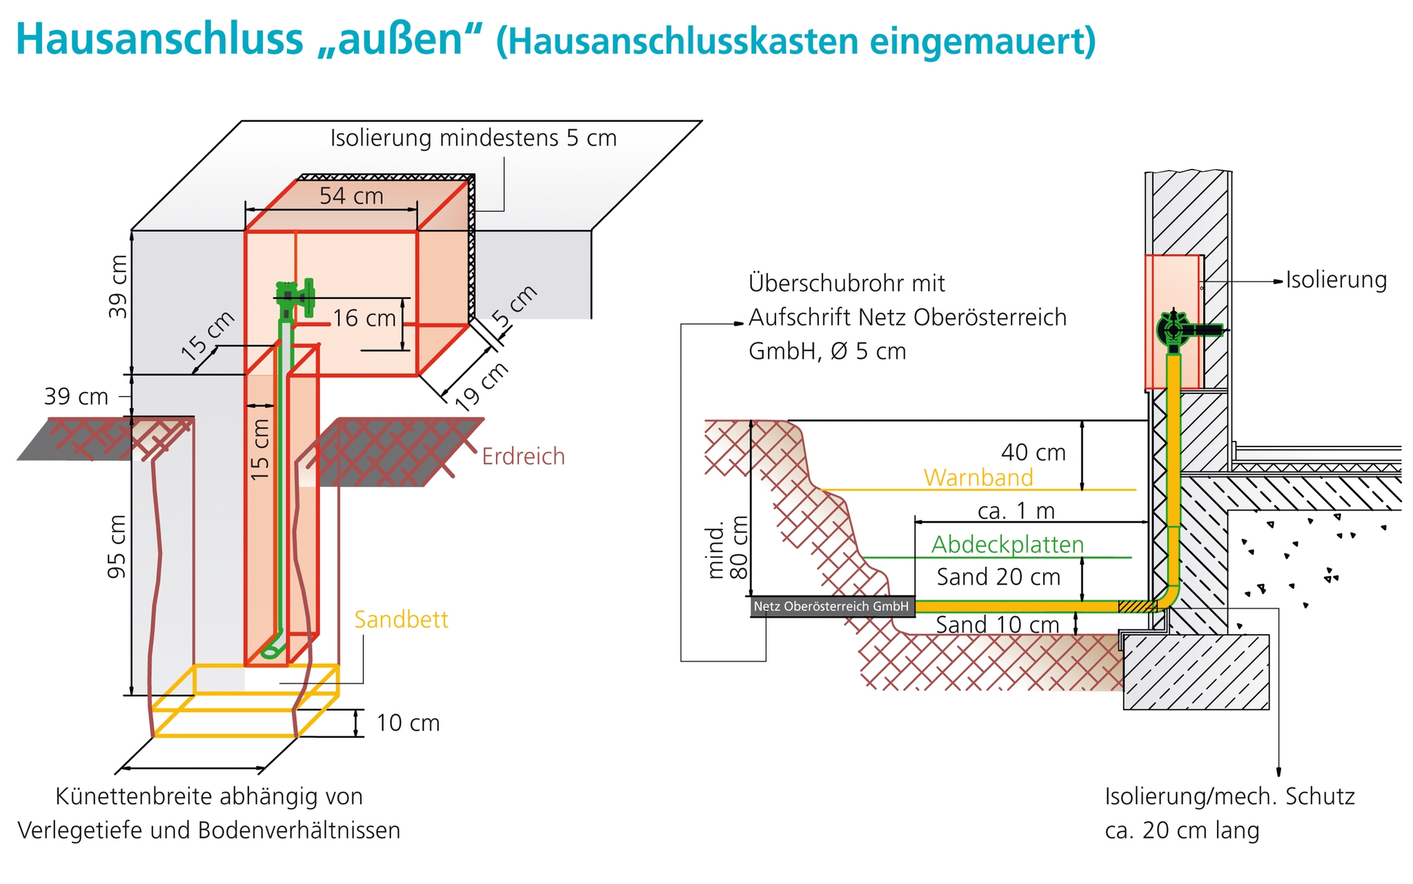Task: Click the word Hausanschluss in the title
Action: pos(159,39)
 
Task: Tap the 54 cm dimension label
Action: pos(351,196)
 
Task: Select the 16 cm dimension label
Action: pos(364,318)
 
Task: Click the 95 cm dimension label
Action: pos(117,547)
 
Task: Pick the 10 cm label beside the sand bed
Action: pos(408,723)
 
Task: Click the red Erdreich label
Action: pos(523,457)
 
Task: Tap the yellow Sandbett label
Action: pos(401,620)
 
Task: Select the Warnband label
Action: pos(978,478)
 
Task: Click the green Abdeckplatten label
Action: pos(1007,544)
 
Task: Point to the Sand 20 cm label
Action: pos(998,577)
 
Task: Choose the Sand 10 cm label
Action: pos(997,625)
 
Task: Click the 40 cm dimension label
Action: pos(1034,453)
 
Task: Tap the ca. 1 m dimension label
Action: pos(1016,511)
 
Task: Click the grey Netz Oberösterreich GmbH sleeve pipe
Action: pos(832,607)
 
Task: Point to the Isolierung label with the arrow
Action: pos(1336,280)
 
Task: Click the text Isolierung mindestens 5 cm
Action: pos(473,138)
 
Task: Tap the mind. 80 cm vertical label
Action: pos(727,548)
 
